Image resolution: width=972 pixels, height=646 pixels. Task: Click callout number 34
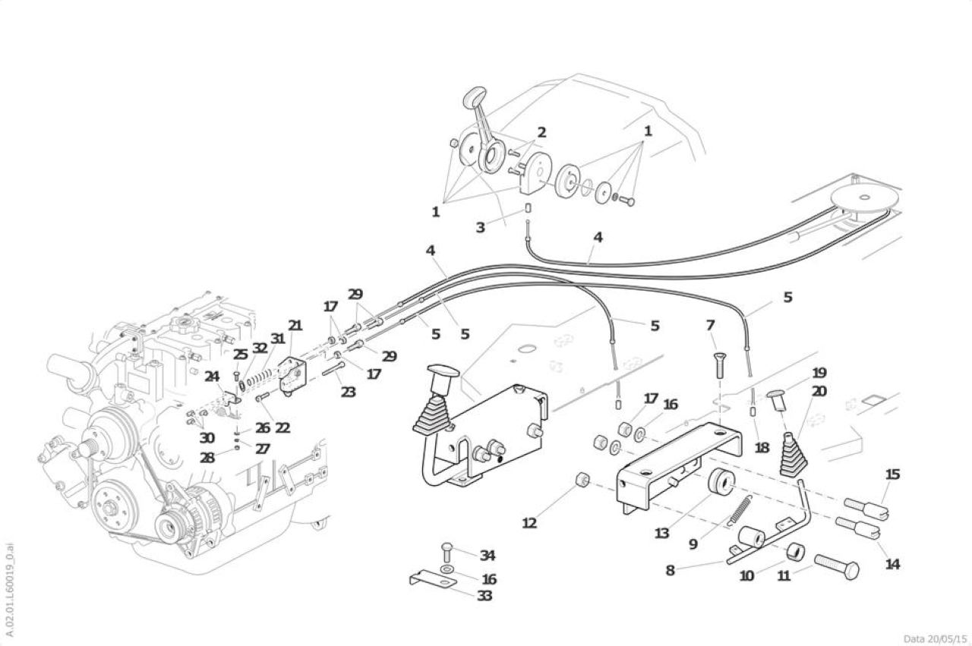pyautogui.click(x=488, y=556)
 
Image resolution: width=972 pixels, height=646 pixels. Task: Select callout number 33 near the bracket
pyautogui.click(x=484, y=596)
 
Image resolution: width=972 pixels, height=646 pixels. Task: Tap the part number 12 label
pyautogui.click(x=529, y=523)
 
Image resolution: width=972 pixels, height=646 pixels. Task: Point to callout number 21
pyautogui.click(x=295, y=326)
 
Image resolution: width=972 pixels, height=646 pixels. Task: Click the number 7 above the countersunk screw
pyautogui.click(x=710, y=325)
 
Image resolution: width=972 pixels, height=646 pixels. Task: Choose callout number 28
pyautogui.click(x=207, y=458)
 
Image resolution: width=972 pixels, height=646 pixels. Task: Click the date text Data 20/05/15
pyautogui.click(x=935, y=639)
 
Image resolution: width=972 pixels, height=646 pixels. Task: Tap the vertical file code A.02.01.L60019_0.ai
pyautogui.click(x=10, y=590)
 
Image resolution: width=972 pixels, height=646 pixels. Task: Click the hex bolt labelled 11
pyautogui.click(x=836, y=566)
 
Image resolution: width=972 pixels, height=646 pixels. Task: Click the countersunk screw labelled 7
pyautogui.click(x=719, y=365)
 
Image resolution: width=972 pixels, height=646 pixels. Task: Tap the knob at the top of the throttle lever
pyautogui.click(x=475, y=96)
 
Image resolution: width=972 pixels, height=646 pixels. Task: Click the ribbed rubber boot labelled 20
pyautogui.click(x=794, y=455)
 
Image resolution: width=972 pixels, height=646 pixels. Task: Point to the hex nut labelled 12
pyautogui.click(x=582, y=480)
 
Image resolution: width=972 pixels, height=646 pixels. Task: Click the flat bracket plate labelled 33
pyautogui.click(x=433, y=578)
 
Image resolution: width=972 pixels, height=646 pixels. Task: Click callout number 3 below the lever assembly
pyautogui.click(x=480, y=227)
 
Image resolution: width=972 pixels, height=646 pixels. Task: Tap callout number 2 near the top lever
pyautogui.click(x=541, y=132)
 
